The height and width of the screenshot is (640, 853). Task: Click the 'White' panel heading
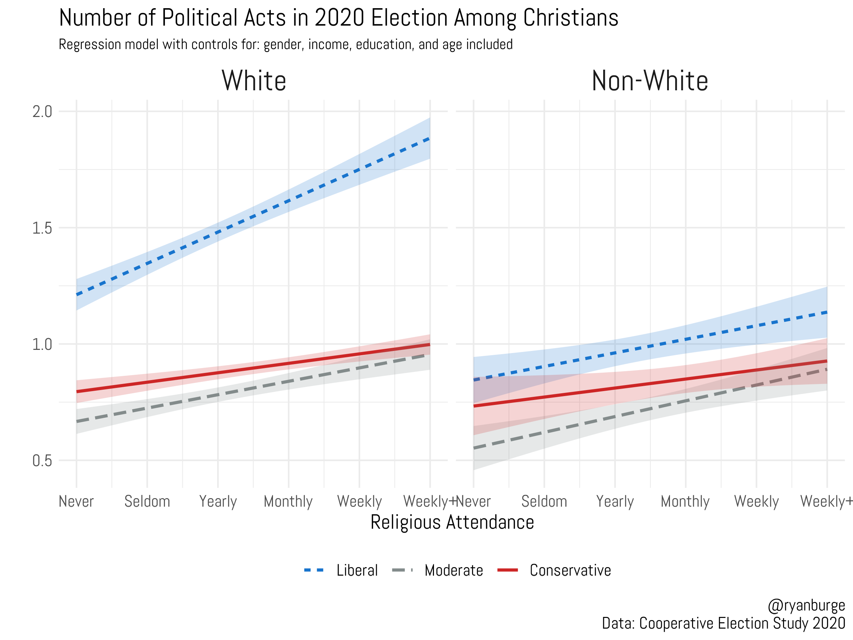(x=254, y=81)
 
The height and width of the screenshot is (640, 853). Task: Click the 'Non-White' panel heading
(x=650, y=81)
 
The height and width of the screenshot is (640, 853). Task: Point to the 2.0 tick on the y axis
(x=42, y=112)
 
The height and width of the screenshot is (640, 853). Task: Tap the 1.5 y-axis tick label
(x=42, y=228)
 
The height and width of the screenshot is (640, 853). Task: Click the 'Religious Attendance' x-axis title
(x=452, y=523)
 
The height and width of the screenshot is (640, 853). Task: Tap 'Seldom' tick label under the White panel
(x=147, y=501)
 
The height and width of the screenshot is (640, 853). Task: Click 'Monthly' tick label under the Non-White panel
(x=685, y=501)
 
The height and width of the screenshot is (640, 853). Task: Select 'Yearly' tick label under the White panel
(x=218, y=501)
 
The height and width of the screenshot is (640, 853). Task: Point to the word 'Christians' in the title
(x=571, y=18)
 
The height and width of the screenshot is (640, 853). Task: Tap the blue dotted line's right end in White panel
(x=429, y=139)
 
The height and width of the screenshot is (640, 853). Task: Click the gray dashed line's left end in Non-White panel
(x=474, y=448)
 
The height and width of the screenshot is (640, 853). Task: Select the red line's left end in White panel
(x=77, y=391)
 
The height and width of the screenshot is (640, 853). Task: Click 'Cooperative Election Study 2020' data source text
(x=742, y=624)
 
